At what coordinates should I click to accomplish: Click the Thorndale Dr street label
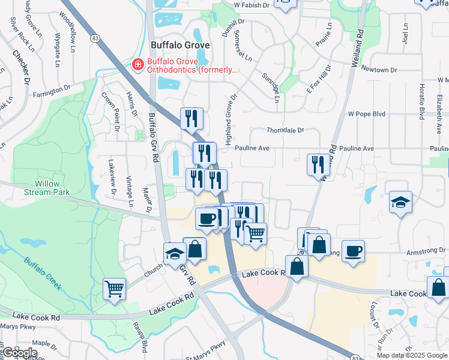[286, 130]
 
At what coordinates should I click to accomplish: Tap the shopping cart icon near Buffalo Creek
[114, 289]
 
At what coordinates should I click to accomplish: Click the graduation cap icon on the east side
[400, 203]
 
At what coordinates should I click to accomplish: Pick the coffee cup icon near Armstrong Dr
[353, 251]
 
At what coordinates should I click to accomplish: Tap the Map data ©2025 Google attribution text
[412, 355]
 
